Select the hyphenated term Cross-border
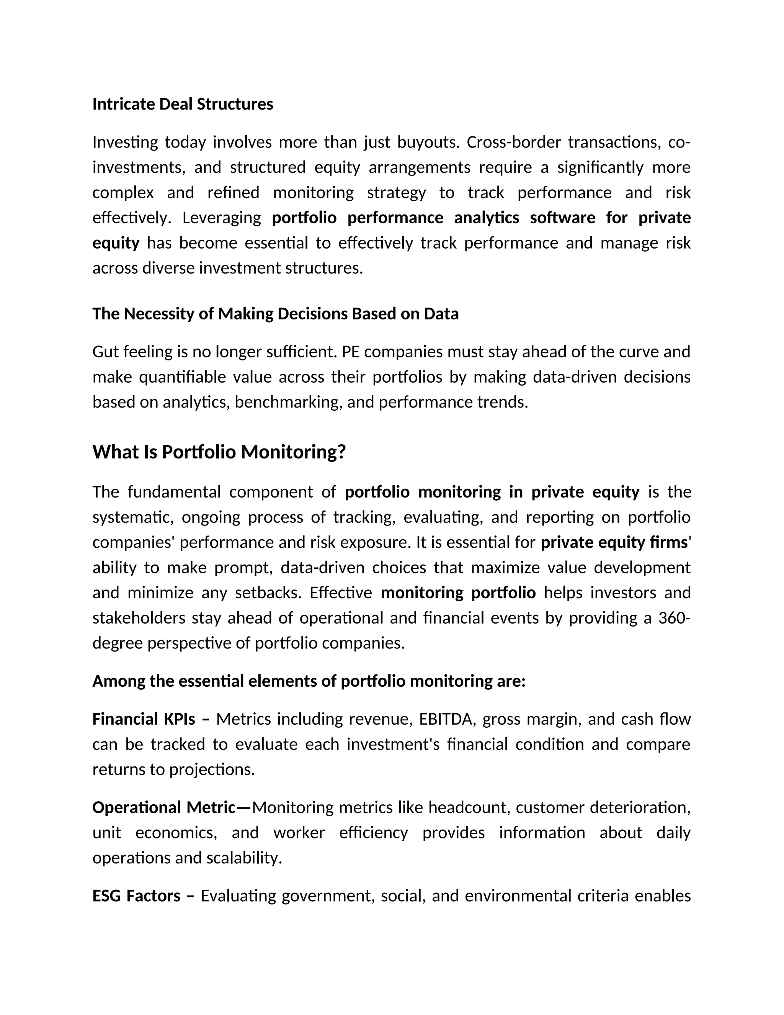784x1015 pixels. tap(513, 142)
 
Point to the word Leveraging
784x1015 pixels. tap(222, 218)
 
